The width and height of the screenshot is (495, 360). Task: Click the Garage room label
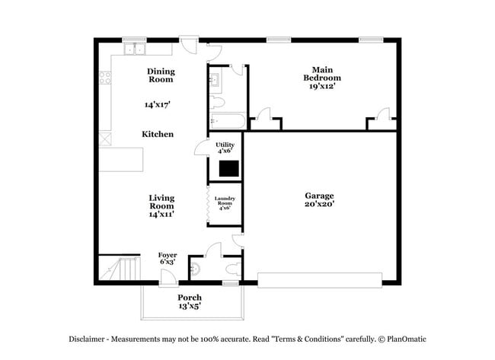coord(320,196)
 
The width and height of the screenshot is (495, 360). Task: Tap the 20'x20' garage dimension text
coord(320,204)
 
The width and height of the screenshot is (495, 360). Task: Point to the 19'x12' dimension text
coord(322,86)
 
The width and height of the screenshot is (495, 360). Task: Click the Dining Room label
coord(161,75)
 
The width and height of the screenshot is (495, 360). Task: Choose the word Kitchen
coord(158,134)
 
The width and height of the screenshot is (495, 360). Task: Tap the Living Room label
coord(161,201)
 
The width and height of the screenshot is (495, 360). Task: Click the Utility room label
coord(225,144)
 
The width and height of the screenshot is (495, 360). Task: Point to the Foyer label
coord(168,255)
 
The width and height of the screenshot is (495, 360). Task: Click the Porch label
coord(189,297)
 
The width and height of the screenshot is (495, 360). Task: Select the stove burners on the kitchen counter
coord(105,77)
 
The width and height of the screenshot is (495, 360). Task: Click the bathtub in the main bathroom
coord(225,121)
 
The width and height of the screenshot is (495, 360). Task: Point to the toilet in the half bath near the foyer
coord(196,268)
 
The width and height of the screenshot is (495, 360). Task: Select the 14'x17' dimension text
coord(158,104)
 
